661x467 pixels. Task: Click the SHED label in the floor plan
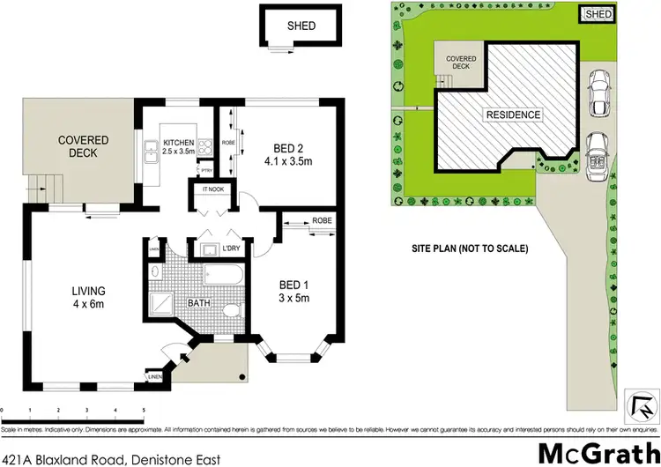tap(301, 26)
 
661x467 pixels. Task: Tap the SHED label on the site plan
tap(598, 14)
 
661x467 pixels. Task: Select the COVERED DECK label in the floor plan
tap(83, 146)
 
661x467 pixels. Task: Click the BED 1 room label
tap(293, 291)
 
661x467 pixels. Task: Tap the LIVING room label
tap(89, 297)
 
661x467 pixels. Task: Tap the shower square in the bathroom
tap(163, 305)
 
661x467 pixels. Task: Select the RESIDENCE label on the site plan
tap(511, 115)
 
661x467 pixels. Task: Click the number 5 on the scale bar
tap(143, 411)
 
